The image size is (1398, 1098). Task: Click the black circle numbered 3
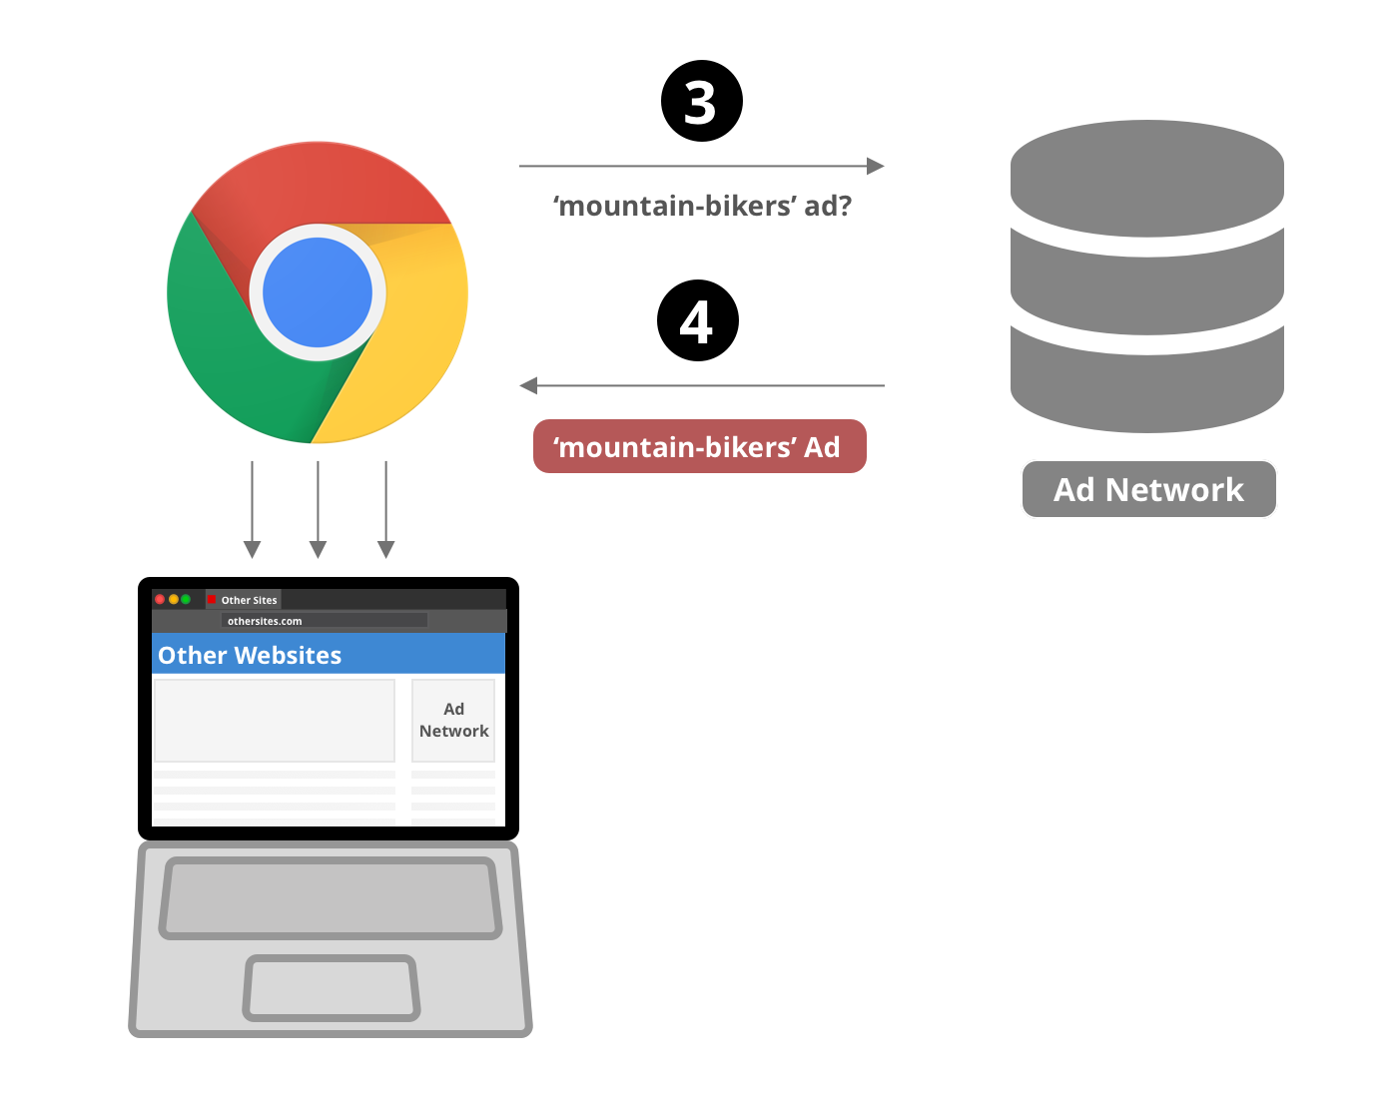point(701,101)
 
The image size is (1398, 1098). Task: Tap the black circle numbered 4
point(697,320)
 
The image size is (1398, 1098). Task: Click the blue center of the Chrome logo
point(318,292)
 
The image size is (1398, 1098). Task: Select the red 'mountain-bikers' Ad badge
point(699,446)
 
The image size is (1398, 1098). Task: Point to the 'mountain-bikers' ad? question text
point(702,206)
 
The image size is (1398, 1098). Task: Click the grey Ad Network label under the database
point(1148,489)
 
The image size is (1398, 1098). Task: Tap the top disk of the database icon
point(1147,178)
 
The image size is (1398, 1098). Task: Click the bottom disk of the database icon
point(1147,380)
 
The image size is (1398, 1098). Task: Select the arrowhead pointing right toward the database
point(876,166)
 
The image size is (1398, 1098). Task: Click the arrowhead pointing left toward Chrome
point(528,385)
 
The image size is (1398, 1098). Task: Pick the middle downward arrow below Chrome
point(318,509)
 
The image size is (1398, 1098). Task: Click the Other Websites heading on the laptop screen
point(250,655)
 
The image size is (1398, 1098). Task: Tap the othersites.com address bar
point(325,620)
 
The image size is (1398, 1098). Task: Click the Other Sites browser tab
point(244,599)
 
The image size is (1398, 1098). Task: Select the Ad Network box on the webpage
point(453,720)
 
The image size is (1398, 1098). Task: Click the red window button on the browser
point(160,599)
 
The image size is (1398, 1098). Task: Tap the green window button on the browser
point(186,599)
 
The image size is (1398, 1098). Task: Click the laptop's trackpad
point(332,988)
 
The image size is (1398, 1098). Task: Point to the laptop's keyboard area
point(331,898)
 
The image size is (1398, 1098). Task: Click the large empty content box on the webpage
point(275,720)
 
